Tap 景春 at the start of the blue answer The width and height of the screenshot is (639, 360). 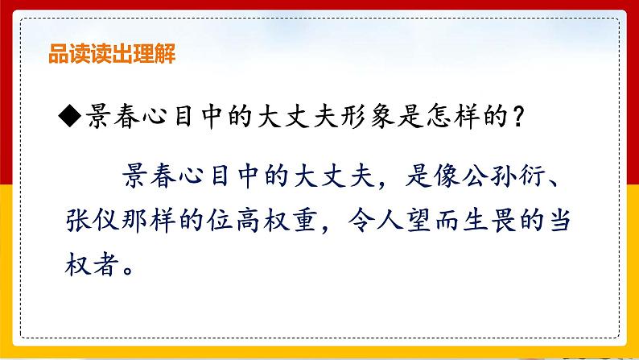click(148, 175)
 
